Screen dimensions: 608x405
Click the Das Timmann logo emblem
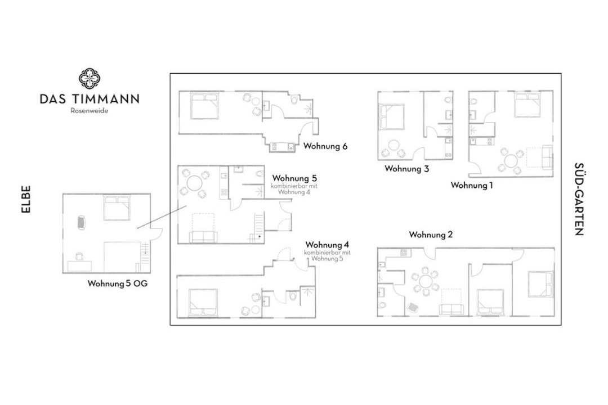click(x=90, y=79)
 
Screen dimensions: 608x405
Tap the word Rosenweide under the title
click(x=89, y=111)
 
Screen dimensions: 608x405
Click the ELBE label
click(x=25, y=199)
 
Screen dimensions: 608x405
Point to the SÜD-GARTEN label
click(x=579, y=199)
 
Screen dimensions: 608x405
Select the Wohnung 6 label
click(x=325, y=146)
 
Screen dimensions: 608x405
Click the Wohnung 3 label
click(x=407, y=169)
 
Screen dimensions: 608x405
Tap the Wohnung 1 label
click(x=472, y=185)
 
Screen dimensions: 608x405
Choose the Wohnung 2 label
click(x=431, y=235)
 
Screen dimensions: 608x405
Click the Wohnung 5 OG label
click(x=118, y=283)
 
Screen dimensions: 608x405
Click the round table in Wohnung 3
click(x=394, y=146)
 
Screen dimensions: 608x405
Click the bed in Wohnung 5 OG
click(x=117, y=208)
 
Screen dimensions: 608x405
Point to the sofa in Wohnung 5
click(x=204, y=237)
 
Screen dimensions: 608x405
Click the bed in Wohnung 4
click(x=203, y=302)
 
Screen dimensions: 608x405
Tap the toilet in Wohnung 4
click(x=293, y=296)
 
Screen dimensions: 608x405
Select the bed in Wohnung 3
click(x=392, y=116)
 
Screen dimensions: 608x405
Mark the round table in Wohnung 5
click(x=195, y=182)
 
